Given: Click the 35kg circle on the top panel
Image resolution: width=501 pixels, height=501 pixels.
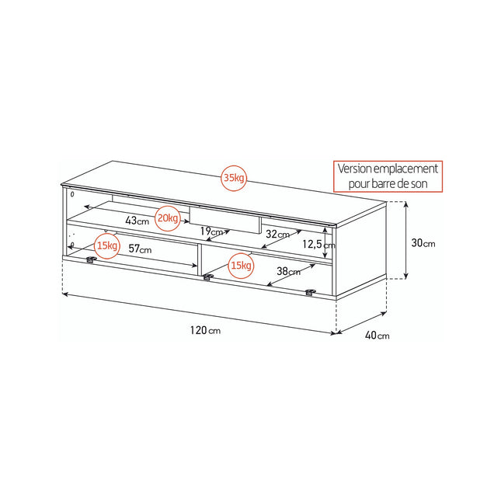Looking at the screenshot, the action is [234, 178].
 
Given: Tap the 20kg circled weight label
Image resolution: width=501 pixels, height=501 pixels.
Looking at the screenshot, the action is [168, 218].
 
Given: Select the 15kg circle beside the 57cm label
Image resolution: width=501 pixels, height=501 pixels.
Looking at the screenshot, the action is [107, 245].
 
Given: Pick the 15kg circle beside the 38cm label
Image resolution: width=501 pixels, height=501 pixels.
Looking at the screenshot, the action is [241, 266].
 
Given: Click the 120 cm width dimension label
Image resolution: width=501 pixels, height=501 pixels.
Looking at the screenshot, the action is [205, 330].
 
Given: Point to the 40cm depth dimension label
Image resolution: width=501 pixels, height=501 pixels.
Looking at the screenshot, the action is [377, 336].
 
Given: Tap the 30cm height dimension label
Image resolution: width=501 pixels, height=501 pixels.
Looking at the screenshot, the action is [423, 243].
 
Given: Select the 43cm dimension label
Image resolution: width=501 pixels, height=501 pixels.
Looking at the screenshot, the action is [137, 220].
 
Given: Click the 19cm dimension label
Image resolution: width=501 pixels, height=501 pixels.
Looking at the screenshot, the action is [211, 231].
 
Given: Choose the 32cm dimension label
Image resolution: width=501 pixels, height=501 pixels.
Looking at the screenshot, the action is [277, 235].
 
